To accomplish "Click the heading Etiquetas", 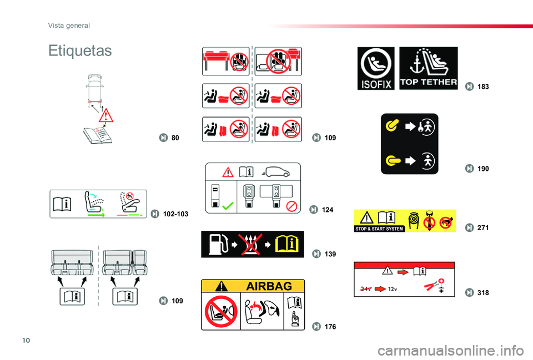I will pos(80,51).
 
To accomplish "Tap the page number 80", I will pos(175,138).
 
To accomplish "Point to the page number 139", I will pos(330,254).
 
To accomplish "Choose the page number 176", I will pos(330,326).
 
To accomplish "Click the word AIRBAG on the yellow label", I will pos(269,286).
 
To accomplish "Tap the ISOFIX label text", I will pos(375,85).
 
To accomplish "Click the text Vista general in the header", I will pos(69,25).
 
